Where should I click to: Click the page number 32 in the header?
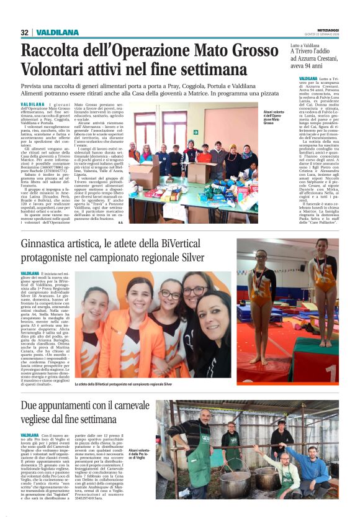(24, 32)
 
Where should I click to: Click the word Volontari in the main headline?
(57, 70)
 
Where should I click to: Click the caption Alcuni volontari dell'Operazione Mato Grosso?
(274, 117)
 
